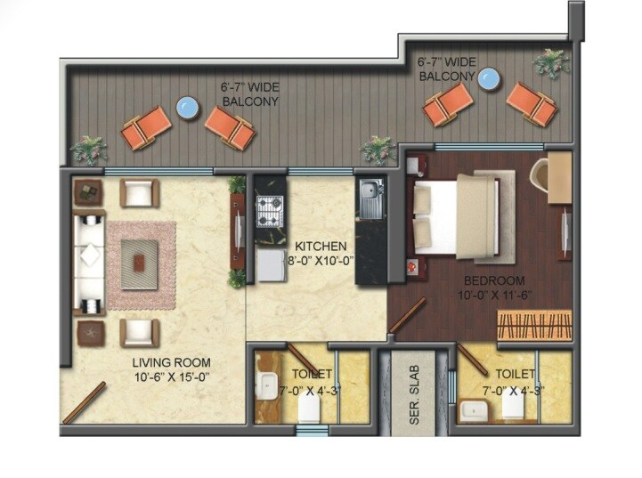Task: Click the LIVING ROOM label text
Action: click(171, 362)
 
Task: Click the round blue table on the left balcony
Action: click(187, 108)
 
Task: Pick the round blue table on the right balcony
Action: click(487, 79)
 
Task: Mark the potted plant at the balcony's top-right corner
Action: click(551, 62)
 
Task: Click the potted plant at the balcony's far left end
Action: click(89, 149)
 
